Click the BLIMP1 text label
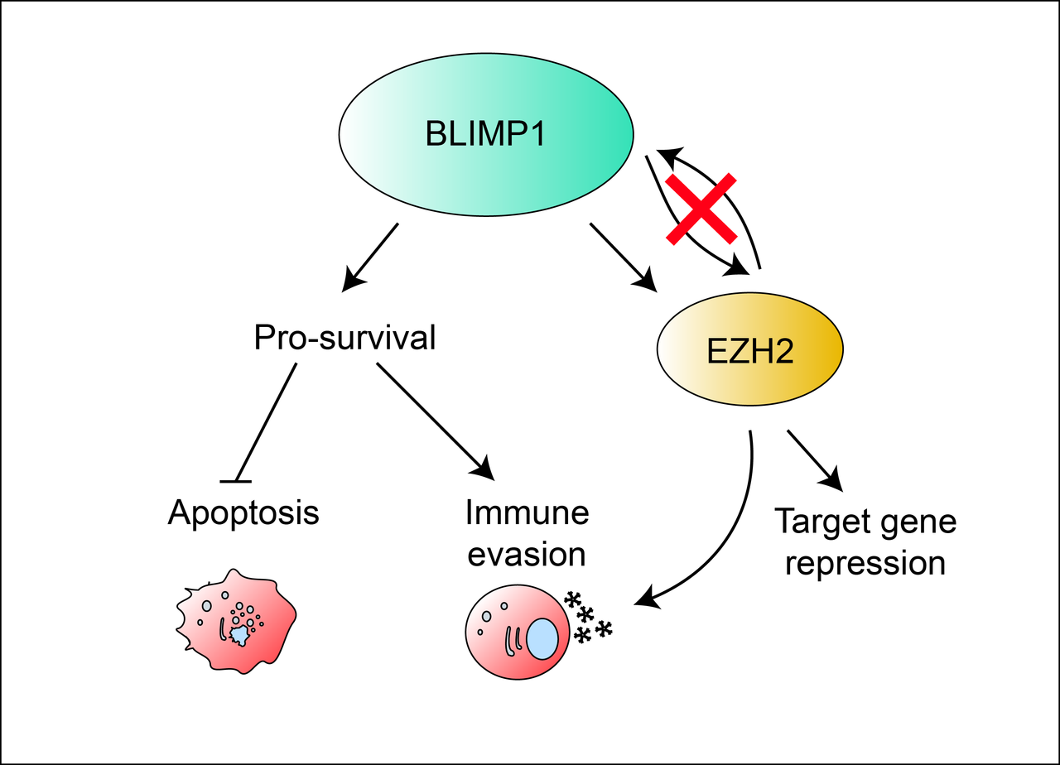coord(485,134)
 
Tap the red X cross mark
coord(701,209)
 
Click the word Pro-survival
coord(344,338)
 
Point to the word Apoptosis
coord(243,512)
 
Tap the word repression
coord(865,563)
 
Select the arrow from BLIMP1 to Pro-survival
coord(371,256)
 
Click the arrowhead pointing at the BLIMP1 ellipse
coord(667,155)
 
